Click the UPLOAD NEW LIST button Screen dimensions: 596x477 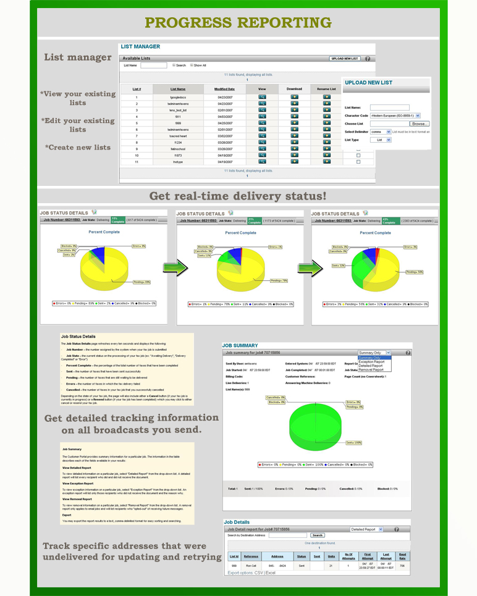pos(345,59)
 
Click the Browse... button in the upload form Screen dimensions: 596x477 pos(419,124)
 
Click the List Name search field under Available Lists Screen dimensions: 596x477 pos(153,65)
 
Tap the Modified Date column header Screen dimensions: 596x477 pos(224,89)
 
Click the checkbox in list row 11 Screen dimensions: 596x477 pos(358,162)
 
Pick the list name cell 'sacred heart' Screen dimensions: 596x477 pos(178,136)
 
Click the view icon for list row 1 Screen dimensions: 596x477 pos(262,97)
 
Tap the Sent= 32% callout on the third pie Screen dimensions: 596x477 pos(338,266)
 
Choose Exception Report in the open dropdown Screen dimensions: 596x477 pos(371,362)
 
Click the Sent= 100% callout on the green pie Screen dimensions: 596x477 pos(353,443)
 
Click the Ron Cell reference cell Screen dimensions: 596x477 pos(250,566)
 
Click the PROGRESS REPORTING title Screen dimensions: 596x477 pos(238,23)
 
